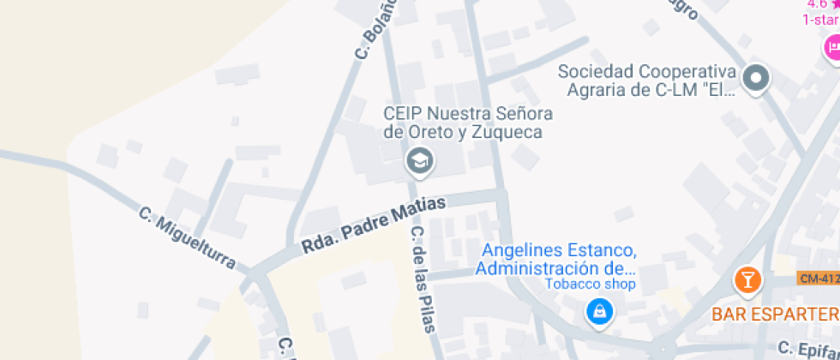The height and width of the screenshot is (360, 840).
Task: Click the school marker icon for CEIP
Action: [419, 160]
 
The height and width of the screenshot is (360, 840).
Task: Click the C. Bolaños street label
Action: [376, 30]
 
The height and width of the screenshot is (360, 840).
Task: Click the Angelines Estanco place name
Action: [558, 251]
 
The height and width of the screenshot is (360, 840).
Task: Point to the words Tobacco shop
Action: [592, 285]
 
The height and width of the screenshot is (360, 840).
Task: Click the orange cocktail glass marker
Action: [747, 279]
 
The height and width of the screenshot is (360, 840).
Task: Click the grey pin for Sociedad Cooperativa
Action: [756, 79]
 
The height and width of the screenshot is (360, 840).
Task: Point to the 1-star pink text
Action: [820, 20]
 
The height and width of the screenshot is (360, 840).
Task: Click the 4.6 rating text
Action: [818, 4]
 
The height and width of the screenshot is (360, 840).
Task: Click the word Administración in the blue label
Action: [532, 269]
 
